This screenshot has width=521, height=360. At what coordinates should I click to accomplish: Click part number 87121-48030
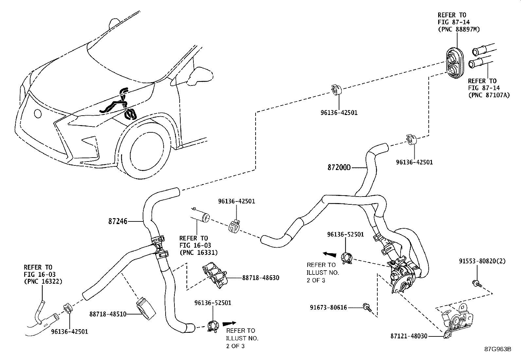[409, 336]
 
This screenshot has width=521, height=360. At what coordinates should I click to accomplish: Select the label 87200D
[339, 167]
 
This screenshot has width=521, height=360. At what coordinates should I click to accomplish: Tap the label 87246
[118, 221]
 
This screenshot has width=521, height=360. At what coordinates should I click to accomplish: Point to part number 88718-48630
[261, 278]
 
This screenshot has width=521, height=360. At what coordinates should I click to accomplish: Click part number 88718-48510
[108, 314]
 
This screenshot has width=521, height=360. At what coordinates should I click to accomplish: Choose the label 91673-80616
[328, 307]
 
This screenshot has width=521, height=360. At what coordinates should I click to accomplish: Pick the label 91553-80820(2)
[482, 261]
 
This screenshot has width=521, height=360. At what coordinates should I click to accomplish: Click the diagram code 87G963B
[498, 349]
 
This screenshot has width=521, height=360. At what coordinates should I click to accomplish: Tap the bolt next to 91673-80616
[367, 307]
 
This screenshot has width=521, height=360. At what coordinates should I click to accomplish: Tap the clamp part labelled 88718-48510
[146, 308]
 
